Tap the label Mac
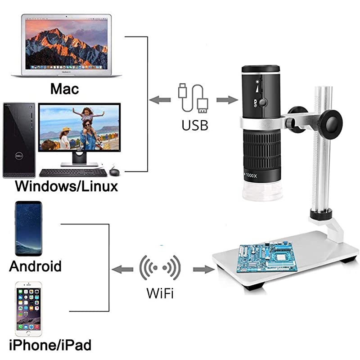click(x=64, y=88)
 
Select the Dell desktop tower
click(x=19, y=140)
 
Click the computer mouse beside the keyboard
click(x=114, y=171)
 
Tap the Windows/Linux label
click(x=66, y=186)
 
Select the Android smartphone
click(x=28, y=229)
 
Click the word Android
click(x=35, y=265)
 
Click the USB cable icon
click(x=193, y=98)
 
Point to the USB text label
click(x=195, y=125)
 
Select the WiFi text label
click(x=160, y=294)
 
